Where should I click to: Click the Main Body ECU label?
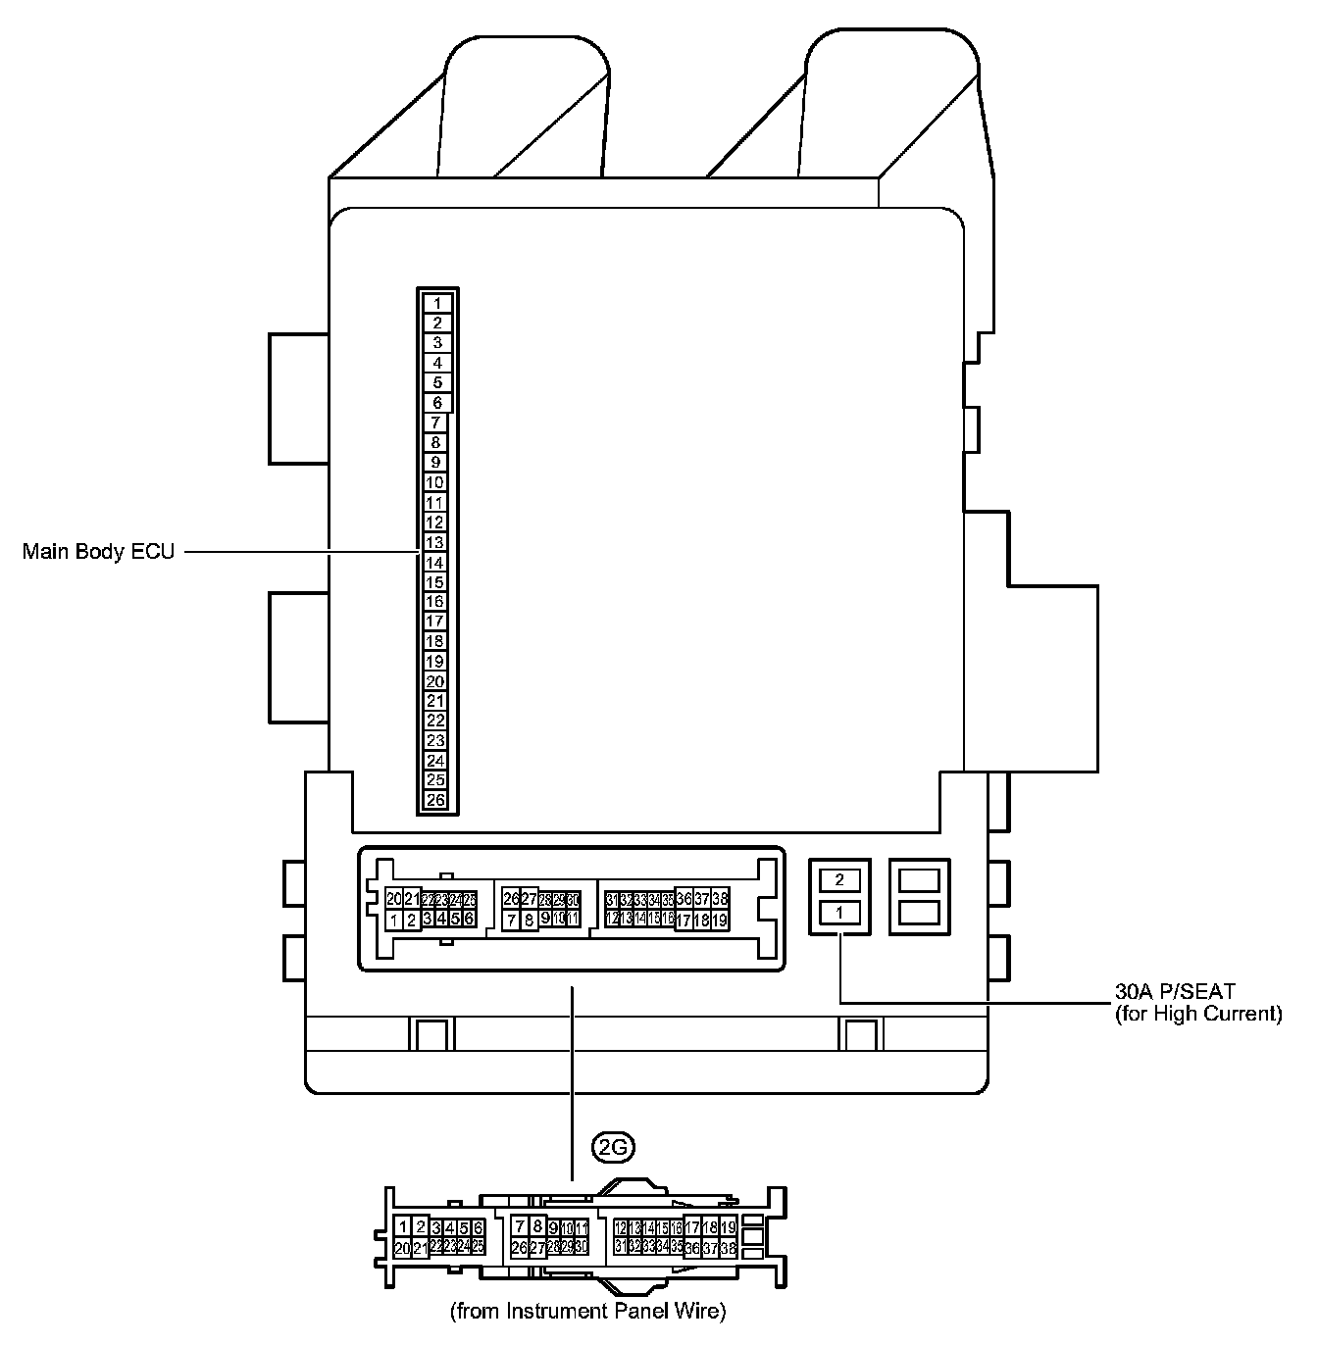tap(98, 552)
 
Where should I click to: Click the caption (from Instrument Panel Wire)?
tap(588, 1311)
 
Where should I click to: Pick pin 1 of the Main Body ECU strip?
tap(437, 303)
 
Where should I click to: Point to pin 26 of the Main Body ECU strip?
tap(435, 800)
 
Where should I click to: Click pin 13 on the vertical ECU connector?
tap(435, 542)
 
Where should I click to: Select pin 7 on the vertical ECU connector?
tap(435, 423)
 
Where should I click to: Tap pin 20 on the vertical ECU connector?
tap(435, 681)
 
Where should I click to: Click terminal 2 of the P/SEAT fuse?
tap(839, 879)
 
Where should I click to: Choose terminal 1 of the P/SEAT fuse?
tap(839, 913)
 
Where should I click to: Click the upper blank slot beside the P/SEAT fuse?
tap(919, 879)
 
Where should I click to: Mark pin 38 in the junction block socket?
tap(720, 899)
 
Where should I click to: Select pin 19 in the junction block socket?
tap(720, 921)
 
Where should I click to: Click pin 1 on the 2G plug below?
tap(402, 1226)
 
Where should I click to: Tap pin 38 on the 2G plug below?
tap(728, 1248)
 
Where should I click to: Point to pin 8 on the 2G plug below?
tap(537, 1226)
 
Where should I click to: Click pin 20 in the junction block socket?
tap(393, 899)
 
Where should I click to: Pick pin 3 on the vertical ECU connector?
tap(437, 343)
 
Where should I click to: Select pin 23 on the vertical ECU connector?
tap(435, 741)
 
